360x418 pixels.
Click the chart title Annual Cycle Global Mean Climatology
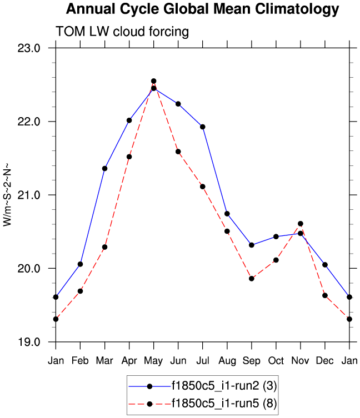tap(202, 9)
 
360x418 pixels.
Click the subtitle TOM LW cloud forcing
tap(122, 32)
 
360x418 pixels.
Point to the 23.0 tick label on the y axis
tap(29, 48)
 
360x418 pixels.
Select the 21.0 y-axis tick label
tap(29, 195)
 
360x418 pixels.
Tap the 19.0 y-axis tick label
tap(29, 342)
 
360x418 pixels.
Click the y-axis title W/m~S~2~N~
tap(8, 194)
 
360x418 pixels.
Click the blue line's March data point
tap(104, 168)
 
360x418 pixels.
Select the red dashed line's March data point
tap(104, 247)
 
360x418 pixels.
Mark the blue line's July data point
tap(203, 127)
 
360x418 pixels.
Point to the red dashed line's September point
tap(252, 279)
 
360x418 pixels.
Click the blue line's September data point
tap(252, 245)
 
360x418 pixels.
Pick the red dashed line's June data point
tap(178, 152)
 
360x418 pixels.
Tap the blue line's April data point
tap(129, 120)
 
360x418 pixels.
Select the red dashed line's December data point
tap(325, 295)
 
